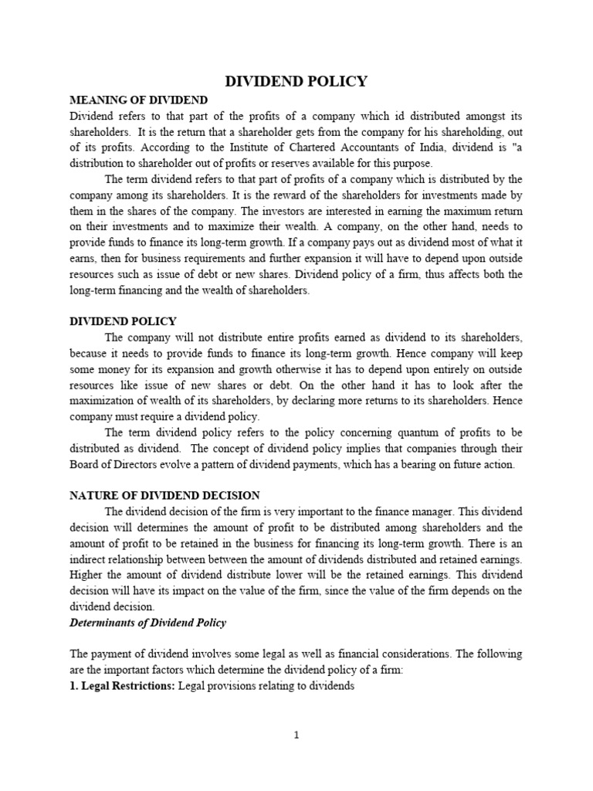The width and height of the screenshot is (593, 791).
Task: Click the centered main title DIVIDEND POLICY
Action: coord(296,81)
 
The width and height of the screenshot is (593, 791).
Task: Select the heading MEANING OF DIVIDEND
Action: coord(138,100)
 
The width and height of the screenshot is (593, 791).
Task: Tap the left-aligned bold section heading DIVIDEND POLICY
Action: coord(124,321)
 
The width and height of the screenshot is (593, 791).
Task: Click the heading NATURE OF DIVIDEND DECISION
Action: coord(165,494)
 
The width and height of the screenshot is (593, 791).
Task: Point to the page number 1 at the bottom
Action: coord(296,735)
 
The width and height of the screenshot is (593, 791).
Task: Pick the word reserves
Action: coord(273,164)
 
